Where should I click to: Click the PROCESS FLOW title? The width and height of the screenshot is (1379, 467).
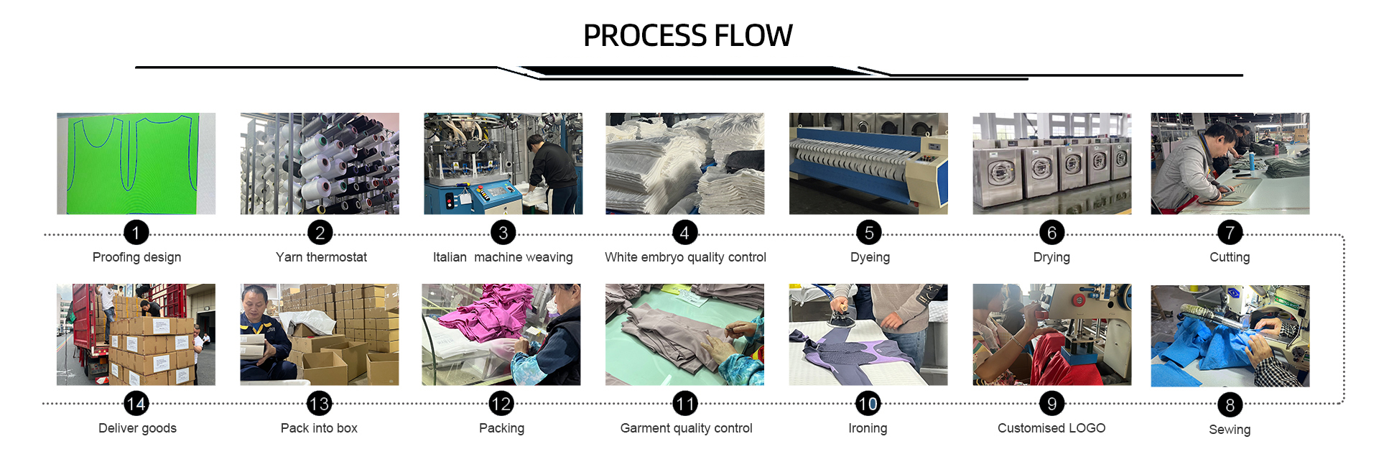(687, 35)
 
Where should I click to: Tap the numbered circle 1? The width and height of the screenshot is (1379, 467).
(136, 233)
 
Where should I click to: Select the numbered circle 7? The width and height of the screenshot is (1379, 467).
(1230, 233)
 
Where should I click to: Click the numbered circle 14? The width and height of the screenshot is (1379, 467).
(136, 404)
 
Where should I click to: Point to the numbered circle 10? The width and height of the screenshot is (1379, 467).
(868, 404)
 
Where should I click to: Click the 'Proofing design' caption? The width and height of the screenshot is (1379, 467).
(136, 257)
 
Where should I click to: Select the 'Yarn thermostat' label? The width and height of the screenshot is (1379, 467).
(321, 257)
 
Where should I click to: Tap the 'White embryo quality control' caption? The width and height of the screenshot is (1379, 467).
(685, 257)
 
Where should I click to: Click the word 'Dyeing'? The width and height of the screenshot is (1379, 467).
(870, 257)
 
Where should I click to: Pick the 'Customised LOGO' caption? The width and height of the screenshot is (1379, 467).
(1051, 428)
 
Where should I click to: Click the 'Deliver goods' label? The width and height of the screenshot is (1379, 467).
(137, 428)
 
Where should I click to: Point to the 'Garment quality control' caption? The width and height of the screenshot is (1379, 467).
(686, 428)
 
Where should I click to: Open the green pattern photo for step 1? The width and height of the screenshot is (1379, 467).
(136, 163)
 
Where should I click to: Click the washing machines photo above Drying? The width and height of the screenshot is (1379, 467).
(1051, 163)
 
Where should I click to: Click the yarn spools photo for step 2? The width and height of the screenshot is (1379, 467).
(320, 163)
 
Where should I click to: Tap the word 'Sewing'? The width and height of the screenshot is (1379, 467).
(1230, 430)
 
